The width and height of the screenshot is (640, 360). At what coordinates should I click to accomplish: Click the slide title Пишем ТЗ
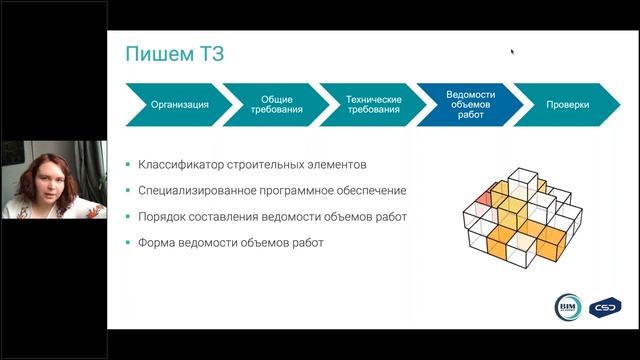point(174,54)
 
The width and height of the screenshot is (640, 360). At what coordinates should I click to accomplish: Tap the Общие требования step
point(276,105)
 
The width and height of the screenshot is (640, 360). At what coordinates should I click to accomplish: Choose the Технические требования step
point(373,105)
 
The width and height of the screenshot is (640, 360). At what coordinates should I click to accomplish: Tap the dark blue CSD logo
point(604,306)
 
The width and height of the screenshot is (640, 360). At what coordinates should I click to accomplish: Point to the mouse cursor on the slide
point(512,51)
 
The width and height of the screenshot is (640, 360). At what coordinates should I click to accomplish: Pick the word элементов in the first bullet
point(329,163)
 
